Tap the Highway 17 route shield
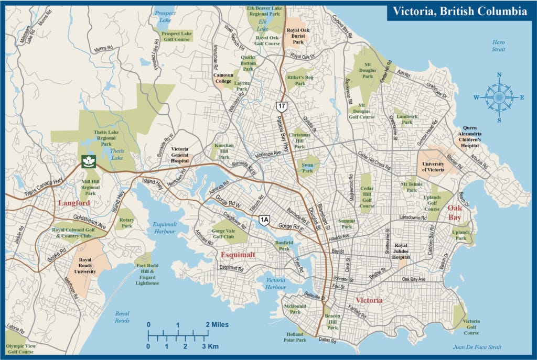coord(282,106)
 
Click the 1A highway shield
coord(264,220)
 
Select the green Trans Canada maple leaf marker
coord(88,162)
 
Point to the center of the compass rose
coord(499,97)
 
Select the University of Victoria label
coord(434,167)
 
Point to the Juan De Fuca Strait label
coord(477,347)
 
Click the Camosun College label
coord(222,78)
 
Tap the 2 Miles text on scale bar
coord(217,325)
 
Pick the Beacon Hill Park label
coord(332,322)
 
